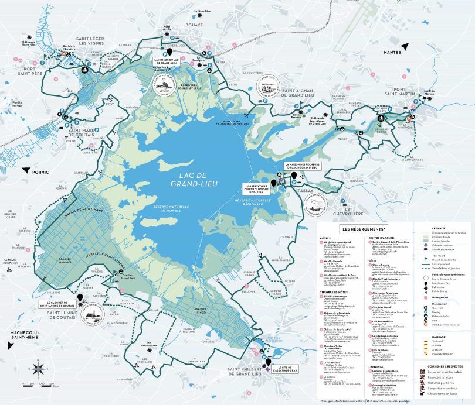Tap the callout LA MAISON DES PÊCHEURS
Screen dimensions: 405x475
coord(304,167)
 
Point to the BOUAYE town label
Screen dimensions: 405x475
coord(194,25)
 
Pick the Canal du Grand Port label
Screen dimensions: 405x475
coord(124,276)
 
